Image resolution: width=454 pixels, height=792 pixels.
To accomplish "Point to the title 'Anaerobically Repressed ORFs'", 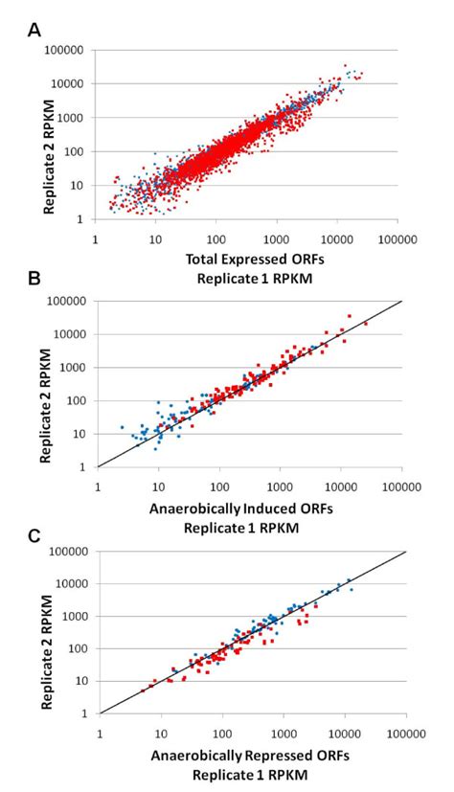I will click(251, 758).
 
